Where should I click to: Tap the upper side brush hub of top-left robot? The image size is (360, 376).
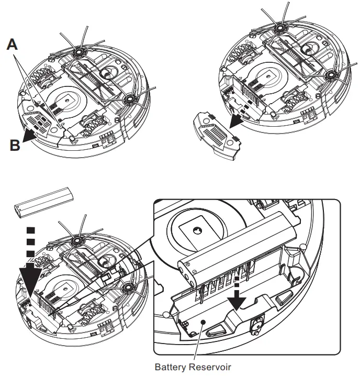pos(79,52)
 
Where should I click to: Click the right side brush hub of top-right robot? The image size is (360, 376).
pos(330,76)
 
